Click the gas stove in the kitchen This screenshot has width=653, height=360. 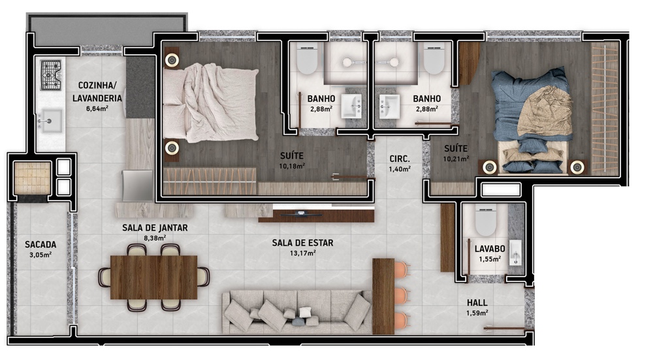[51, 75]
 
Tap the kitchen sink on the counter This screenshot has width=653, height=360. [50, 121]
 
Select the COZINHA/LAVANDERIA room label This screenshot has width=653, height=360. [97, 91]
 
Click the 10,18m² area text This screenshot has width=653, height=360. [292, 166]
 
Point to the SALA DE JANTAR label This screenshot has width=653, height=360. [155, 228]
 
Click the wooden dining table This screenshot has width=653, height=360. [153, 277]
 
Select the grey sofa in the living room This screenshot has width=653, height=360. [297, 312]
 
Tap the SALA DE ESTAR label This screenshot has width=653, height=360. [303, 242]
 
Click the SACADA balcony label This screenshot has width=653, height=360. [40, 244]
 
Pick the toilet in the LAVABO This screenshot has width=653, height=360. [486, 220]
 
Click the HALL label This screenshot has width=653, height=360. [477, 303]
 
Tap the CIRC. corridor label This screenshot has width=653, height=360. [400, 159]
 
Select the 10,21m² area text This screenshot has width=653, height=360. [456, 158]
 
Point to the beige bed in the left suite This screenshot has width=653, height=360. [210, 103]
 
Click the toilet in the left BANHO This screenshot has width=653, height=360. [308, 59]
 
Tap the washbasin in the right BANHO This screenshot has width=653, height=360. [389, 106]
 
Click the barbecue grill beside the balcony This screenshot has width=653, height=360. [33, 178]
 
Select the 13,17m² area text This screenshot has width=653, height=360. [303, 252]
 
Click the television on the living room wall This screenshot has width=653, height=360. [300, 214]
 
